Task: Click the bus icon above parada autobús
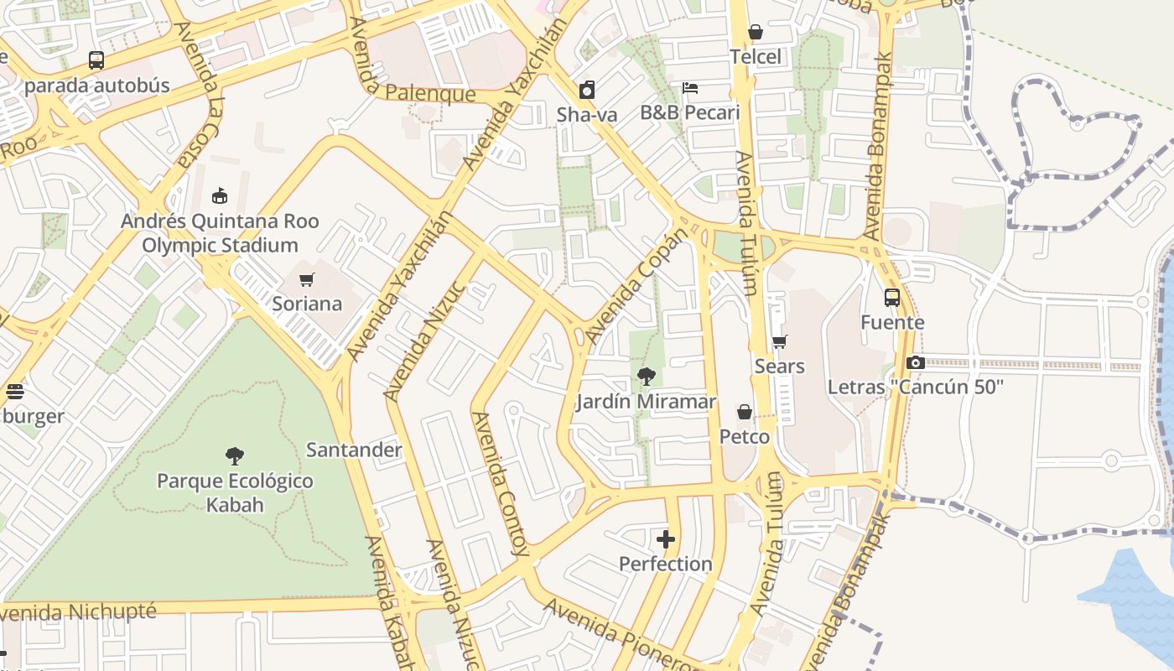click(x=96, y=60)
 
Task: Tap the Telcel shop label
click(x=755, y=56)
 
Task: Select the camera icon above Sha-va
click(x=587, y=90)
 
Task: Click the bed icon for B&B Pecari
click(x=690, y=88)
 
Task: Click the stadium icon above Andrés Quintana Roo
click(x=220, y=196)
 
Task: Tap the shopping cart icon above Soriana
click(x=307, y=279)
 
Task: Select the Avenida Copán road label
click(x=636, y=285)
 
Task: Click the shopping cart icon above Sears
click(x=780, y=341)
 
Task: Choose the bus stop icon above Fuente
click(x=892, y=297)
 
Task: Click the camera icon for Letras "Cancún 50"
click(x=916, y=362)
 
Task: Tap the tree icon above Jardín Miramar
click(x=646, y=377)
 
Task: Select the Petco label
click(x=745, y=437)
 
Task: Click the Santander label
click(x=354, y=450)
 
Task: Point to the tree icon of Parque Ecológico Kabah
click(x=235, y=456)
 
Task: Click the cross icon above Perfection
click(x=666, y=539)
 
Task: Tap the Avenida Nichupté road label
click(x=80, y=611)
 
